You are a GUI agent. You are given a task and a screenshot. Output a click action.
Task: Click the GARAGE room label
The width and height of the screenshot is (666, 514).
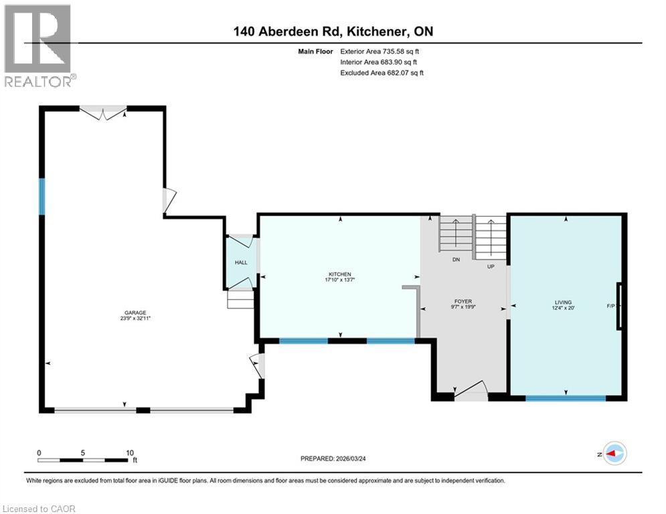pyautogui.click(x=135, y=312)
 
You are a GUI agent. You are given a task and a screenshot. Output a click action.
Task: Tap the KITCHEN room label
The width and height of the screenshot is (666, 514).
pyautogui.click(x=339, y=274)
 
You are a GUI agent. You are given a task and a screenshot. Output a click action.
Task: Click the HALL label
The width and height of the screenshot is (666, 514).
pyautogui.click(x=241, y=262)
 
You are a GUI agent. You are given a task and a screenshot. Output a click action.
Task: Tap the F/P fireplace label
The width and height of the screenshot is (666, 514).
pyautogui.click(x=610, y=307)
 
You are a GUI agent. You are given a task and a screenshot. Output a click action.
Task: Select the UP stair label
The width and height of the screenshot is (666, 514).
pyautogui.click(x=491, y=266)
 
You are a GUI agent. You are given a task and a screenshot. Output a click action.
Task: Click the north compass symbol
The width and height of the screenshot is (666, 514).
pyautogui.click(x=614, y=453)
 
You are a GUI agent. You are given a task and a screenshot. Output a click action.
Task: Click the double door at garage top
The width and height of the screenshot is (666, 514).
pyautogui.click(x=102, y=112)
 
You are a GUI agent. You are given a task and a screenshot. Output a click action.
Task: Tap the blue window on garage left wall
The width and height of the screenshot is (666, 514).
pyautogui.click(x=41, y=196)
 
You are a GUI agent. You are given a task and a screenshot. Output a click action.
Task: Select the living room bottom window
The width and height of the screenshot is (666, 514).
pyautogui.click(x=566, y=398)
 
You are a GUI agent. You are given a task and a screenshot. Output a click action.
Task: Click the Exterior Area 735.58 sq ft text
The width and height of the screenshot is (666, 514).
pyautogui.click(x=380, y=51)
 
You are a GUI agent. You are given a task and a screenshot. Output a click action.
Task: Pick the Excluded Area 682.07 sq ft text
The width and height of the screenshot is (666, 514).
pyautogui.click(x=382, y=72)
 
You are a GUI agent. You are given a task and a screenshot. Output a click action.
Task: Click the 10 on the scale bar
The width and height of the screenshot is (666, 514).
pyautogui.click(x=131, y=452)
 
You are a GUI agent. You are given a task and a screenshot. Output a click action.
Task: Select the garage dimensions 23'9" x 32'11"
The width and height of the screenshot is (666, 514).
pyautogui.click(x=135, y=319)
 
